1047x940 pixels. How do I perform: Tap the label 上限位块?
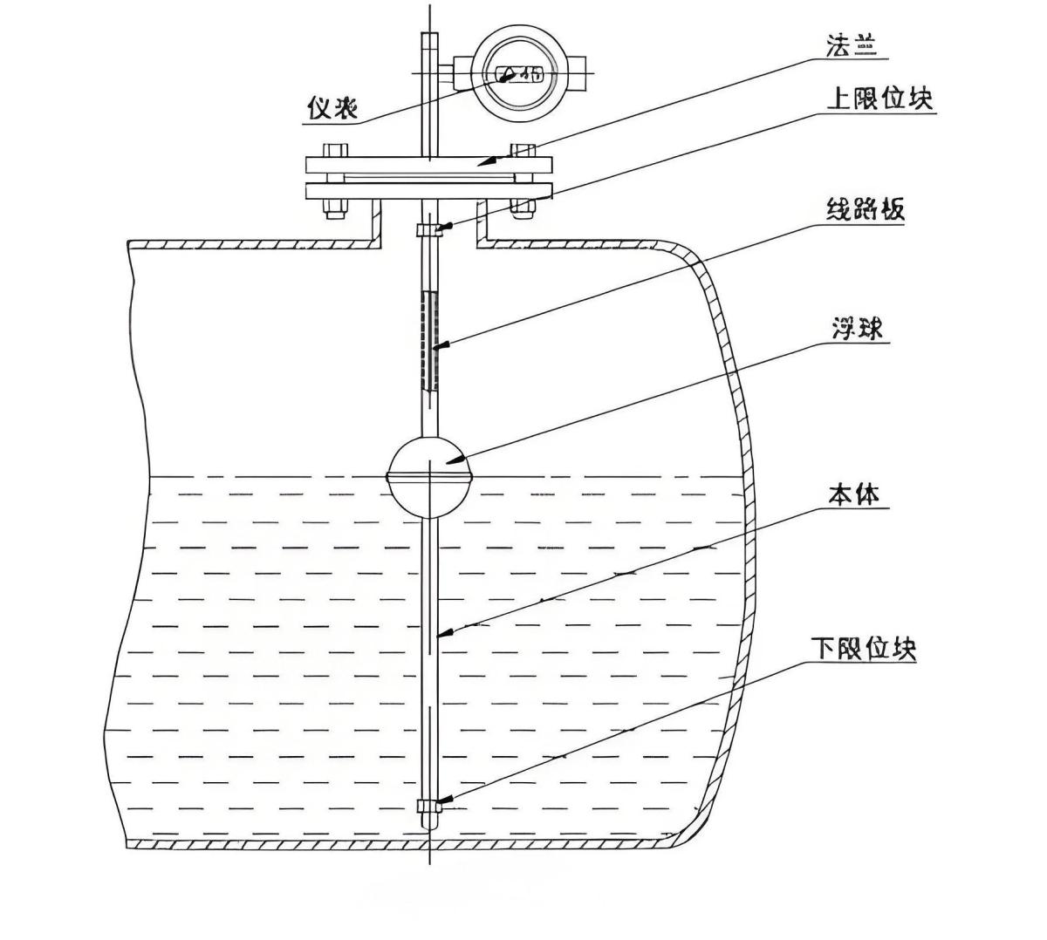coord(879,99)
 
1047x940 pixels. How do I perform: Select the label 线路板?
coord(865,210)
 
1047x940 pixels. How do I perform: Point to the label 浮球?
coord(856,329)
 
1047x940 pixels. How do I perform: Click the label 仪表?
coord(332,108)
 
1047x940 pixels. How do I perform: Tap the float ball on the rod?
coord(430,476)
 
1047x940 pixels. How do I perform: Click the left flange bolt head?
coord(335,149)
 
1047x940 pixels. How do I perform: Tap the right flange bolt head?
coord(523,149)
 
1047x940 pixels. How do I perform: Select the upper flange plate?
coord(429,165)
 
